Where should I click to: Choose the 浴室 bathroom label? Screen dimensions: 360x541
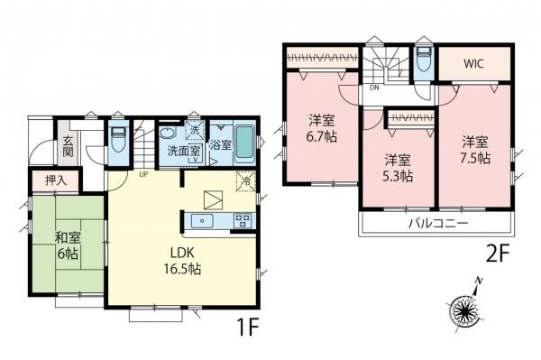[x=221, y=145]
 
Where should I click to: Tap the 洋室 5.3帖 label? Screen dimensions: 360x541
[x=395, y=168]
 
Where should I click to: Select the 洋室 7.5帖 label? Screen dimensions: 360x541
[x=476, y=150]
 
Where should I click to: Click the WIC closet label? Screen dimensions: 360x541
[x=474, y=65]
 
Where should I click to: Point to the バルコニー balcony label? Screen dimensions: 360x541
[x=436, y=222]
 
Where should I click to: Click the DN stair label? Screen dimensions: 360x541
[x=373, y=90]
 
